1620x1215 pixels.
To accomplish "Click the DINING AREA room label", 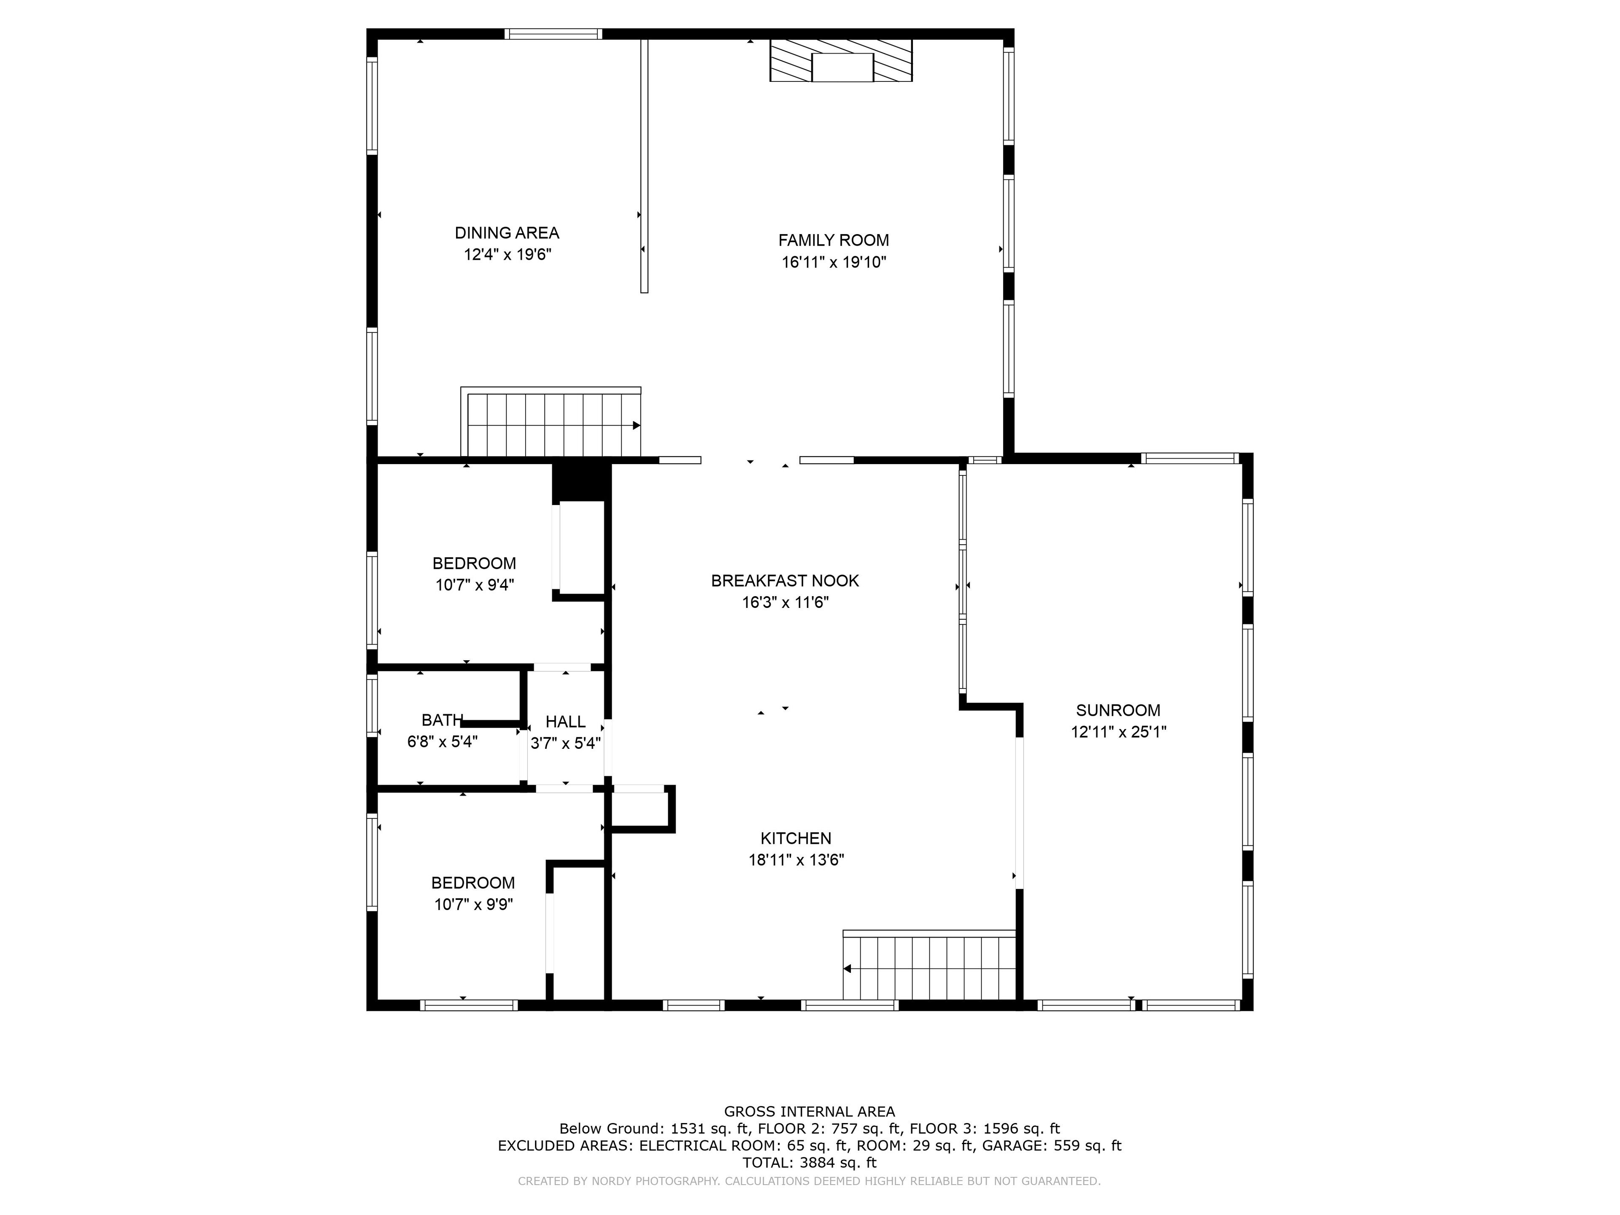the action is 507,233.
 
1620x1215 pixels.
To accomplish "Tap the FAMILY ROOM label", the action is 834,240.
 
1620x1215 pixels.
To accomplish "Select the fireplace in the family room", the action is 841,60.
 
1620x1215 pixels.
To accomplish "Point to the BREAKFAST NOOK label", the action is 784,581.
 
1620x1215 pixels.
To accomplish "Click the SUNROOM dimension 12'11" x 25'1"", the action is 1118,732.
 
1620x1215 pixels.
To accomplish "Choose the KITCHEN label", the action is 796,839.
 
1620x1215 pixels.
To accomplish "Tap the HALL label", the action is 565,722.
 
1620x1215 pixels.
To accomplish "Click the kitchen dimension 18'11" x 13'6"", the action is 796,860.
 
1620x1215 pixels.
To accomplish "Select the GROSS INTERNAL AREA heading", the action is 809,1112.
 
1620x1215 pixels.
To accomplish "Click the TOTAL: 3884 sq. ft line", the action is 809,1162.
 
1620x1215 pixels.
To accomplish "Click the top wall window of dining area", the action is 553,34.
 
